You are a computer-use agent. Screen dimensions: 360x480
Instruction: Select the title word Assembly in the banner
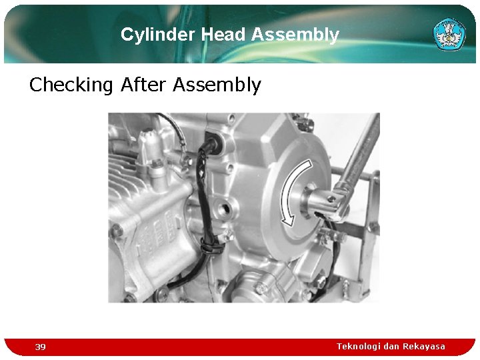point(297,35)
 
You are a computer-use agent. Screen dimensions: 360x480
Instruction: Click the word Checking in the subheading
point(72,85)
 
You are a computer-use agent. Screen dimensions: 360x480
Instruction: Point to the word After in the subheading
point(144,85)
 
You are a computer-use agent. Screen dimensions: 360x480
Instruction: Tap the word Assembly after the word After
point(217,85)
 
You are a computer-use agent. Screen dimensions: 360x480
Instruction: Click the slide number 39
point(41,347)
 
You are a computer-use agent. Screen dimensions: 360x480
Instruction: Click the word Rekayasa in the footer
point(423,346)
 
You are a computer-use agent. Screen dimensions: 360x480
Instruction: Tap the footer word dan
point(391,346)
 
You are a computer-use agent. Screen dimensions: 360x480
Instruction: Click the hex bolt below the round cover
point(262,287)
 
